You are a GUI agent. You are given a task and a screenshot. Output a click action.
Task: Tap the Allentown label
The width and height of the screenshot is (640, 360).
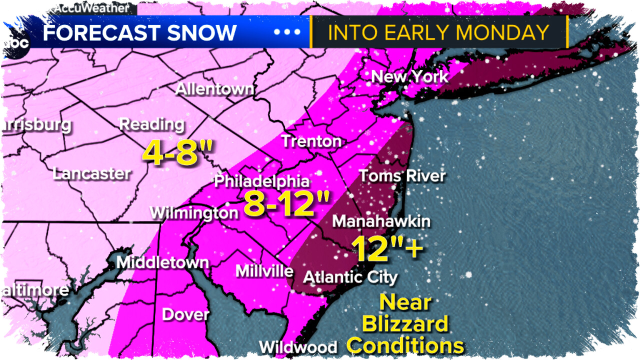214,90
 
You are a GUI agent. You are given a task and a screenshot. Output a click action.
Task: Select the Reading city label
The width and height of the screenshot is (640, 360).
151,124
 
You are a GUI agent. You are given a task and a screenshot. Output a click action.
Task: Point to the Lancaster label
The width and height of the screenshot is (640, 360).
91,174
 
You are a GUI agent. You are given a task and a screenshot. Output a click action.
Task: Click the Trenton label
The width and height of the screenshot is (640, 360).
311,141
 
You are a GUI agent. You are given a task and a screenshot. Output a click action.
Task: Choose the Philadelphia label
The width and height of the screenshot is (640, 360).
262,181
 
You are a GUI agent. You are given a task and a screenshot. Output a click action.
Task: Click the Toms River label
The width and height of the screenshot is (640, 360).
401,176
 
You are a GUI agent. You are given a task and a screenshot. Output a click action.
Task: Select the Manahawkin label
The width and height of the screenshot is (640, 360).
381,221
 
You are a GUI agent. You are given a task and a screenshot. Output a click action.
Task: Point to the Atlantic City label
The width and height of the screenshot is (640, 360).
350,277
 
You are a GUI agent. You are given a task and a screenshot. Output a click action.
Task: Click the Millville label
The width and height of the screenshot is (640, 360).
264,271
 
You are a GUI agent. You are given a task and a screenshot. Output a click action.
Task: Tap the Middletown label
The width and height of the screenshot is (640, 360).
162,262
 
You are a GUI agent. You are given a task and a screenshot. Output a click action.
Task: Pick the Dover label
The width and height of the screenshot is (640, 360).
185,314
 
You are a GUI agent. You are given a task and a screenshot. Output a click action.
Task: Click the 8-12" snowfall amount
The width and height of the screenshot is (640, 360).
286,204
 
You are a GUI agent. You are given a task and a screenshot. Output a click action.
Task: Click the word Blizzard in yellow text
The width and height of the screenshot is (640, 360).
405,324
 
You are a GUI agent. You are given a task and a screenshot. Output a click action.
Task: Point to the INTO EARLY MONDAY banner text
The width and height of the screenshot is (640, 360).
438,32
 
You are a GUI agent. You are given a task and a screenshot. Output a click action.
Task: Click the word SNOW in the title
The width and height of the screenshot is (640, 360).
202,32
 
